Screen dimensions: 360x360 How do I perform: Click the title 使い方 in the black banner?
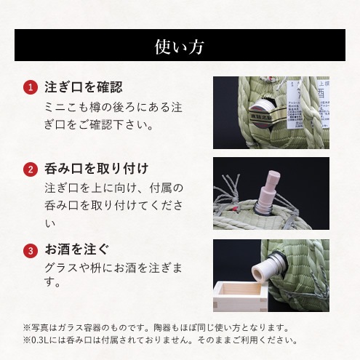180,47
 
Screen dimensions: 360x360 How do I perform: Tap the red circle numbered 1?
31,87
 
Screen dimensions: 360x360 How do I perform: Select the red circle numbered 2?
31,169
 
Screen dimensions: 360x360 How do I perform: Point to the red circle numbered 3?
31,251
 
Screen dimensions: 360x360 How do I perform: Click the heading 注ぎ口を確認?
84,87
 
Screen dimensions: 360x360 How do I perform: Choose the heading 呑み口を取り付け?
96,169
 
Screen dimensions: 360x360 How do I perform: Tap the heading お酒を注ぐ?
77,249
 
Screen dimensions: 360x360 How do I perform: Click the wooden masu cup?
240,296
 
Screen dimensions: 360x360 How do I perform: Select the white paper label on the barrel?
308,104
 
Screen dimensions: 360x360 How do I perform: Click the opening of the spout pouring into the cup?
258,275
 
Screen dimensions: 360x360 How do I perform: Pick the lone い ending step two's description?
50,223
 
